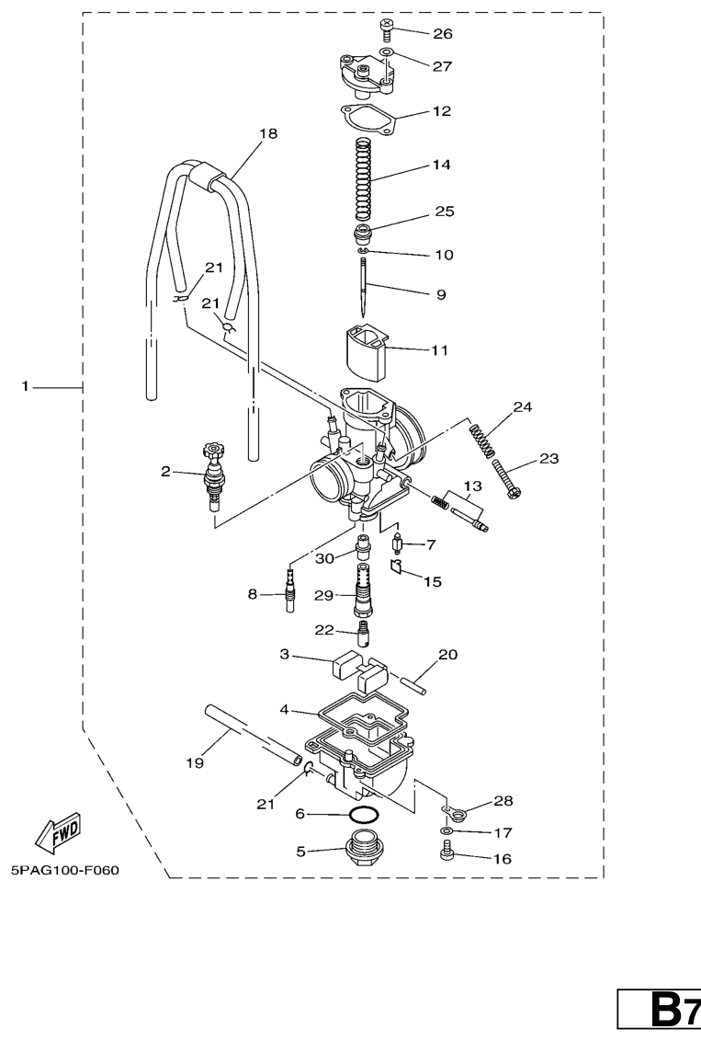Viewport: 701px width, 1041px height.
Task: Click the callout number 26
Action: click(x=443, y=34)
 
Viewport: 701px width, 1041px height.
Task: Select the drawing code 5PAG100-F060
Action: click(x=65, y=869)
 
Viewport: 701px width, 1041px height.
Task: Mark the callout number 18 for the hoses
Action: click(x=267, y=133)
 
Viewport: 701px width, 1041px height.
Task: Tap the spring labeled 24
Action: click(x=486, y=441)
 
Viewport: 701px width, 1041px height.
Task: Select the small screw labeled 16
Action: click(x=447, y=857)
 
